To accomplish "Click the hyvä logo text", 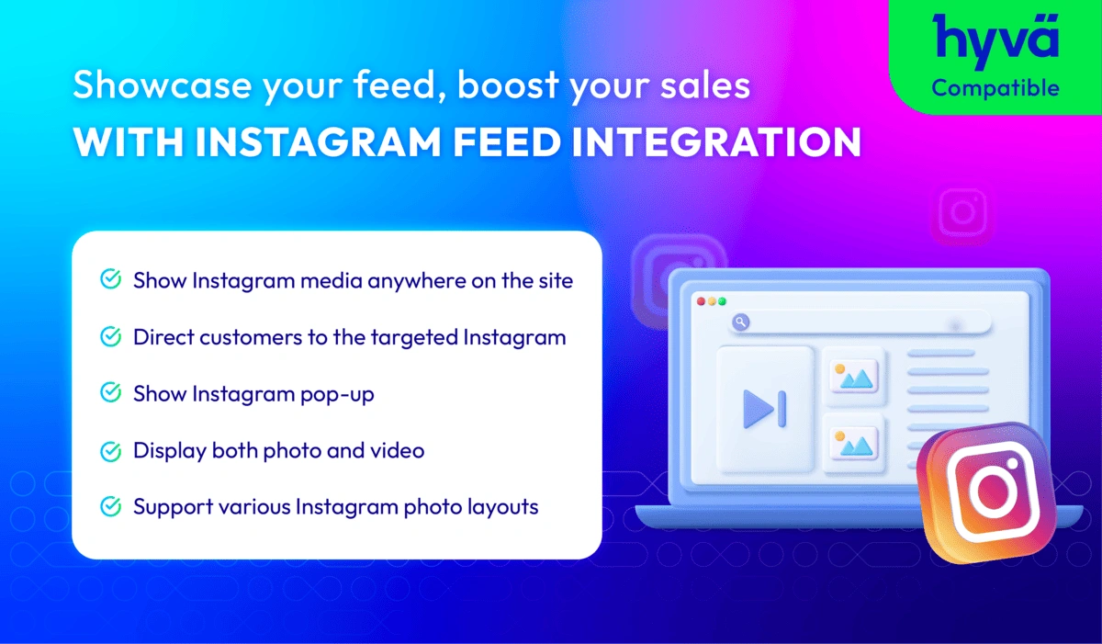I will point(995,39).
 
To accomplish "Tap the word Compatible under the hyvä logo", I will point(995,88).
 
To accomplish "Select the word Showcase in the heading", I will point(147,87).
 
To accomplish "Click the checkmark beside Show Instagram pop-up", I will point(110,393).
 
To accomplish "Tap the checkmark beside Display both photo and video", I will point(110,450).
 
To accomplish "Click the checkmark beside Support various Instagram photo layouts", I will point(110,506).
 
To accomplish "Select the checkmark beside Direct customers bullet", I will point(110,337).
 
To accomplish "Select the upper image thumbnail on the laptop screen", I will point(854,375).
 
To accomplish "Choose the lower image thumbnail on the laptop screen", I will point(854,443).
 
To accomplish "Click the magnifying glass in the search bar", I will point(740,322).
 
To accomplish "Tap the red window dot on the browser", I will point(701,301).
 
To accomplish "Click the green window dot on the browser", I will point(722,301).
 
